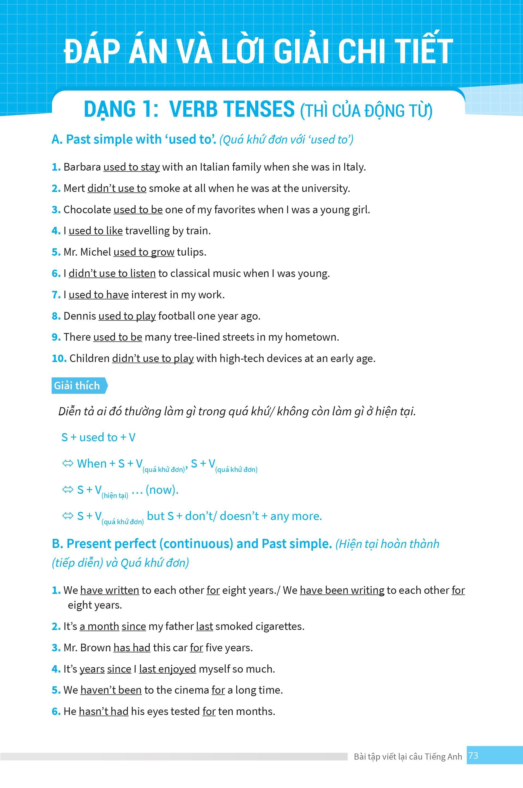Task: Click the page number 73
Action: (x=473, y=755)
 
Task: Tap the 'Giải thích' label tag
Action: (x=77, y=386)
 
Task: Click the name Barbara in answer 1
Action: (x=82, y=167)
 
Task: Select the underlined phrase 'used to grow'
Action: (x=144, y=252)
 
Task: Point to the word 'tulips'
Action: (x=191, y=252)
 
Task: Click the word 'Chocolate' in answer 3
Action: (x=87, y=210)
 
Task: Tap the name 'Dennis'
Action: (x=80, y=316)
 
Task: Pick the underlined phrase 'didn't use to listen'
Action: (x=112, y=273)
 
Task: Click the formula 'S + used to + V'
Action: (x=98, y=437)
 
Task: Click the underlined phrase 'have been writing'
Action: (x=342, y=590)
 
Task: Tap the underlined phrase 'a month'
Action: (x=99, y=626)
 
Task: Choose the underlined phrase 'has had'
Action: (x=132, y=647)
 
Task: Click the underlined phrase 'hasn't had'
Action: (x=104, y=711)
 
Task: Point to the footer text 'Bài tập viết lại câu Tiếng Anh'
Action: (x=408, y=756)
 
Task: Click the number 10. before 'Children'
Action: (x=59, y=358)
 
